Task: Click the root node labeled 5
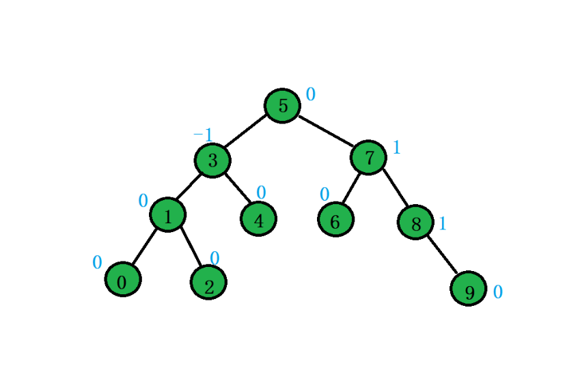click(282, 106)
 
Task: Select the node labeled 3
click(212, 160)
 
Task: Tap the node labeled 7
click(369, 158)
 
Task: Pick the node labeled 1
click(167, 215)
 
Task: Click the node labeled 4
click(258, 219)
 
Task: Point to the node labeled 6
click(335, 220)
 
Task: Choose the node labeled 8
click(415, 222)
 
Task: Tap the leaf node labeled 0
click(123, 279)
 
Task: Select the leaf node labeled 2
click(208, 282)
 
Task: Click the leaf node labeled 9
click(469, 289)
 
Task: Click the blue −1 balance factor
click(203, 135)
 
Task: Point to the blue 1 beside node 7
click(396, 147)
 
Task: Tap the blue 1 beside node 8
click(442, 223)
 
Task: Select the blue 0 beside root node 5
click(310, 95)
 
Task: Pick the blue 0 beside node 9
click(497, 292)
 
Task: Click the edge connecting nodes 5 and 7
click(326, 131)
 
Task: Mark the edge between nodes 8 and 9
click(442, 255)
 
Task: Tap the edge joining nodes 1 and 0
click(145, 246)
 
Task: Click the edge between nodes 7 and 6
click(351, 188)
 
